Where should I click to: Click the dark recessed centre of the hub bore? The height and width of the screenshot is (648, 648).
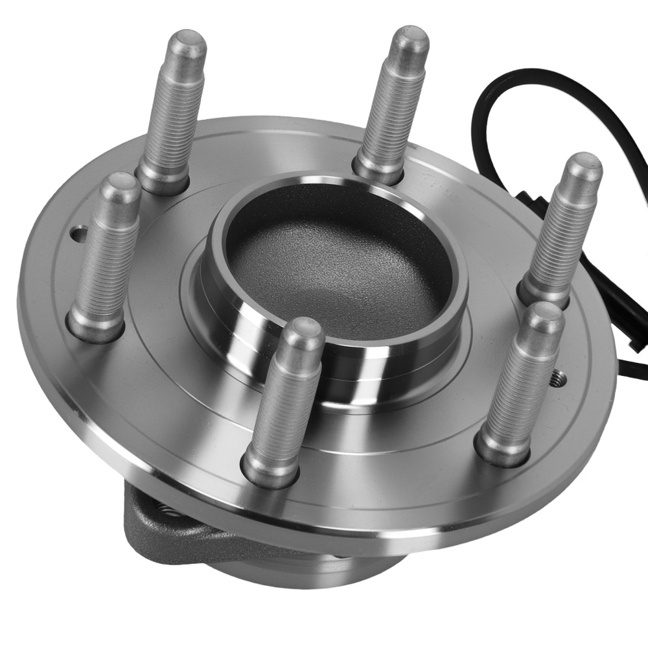pos(337,266)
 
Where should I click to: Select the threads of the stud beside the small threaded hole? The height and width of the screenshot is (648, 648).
pos(518,382)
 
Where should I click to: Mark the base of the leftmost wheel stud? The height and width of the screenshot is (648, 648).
pos(95,324)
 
